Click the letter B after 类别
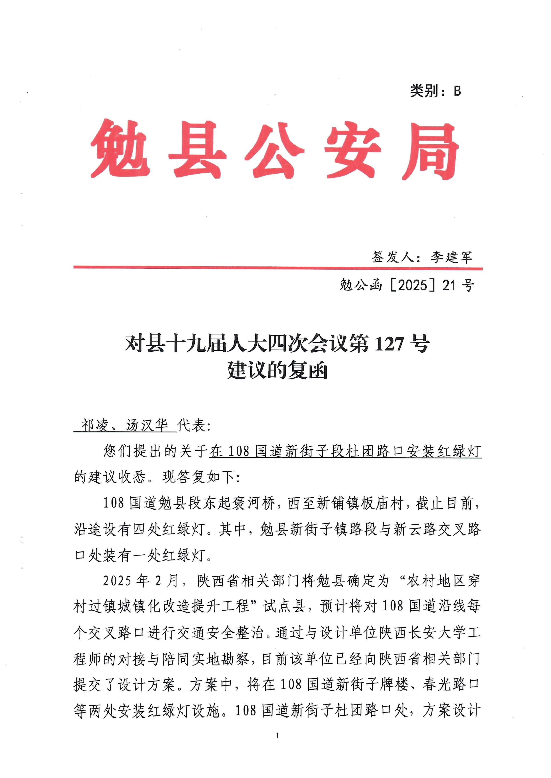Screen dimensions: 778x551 (457, 91)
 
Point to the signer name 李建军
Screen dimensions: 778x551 (451, 257)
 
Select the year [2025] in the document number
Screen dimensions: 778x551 (413, 286)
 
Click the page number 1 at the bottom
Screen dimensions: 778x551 (277, 736)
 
